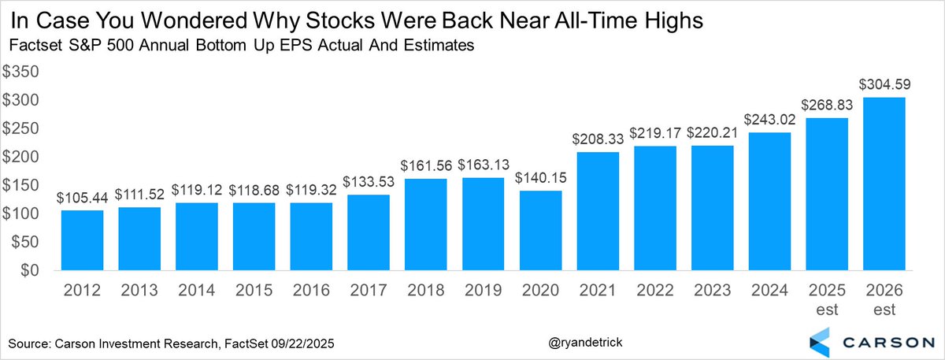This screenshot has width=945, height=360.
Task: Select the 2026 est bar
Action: [x=883, y=184]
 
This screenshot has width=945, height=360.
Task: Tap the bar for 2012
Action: [x=81, y=240]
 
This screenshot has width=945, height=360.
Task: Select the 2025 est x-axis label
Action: [x=825, y=300]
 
